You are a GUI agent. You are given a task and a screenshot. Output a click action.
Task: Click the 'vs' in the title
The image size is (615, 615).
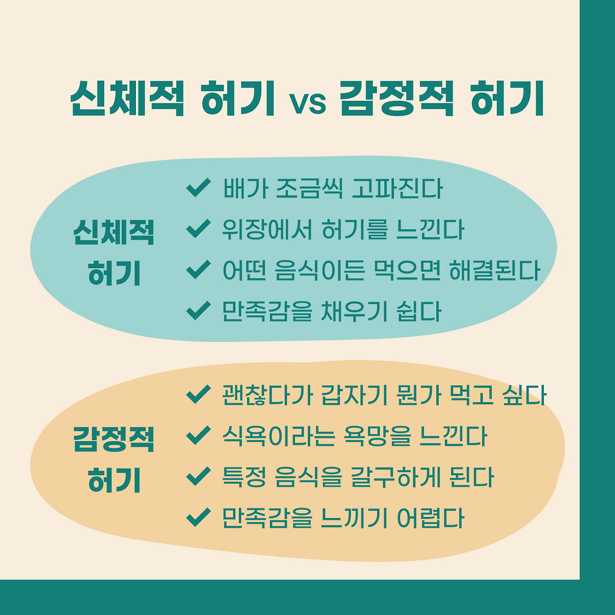308,102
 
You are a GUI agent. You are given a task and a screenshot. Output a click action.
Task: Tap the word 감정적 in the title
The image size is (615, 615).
397,98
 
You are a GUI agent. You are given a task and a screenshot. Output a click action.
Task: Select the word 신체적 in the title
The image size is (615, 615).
127,98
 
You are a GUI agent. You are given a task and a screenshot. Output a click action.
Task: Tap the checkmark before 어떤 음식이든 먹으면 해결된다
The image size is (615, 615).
198,270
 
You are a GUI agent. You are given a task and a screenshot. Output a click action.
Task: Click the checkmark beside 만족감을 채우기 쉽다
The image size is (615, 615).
198,310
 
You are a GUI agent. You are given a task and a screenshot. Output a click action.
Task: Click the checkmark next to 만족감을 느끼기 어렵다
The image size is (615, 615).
198,517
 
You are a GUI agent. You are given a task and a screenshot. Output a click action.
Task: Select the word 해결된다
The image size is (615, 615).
495,271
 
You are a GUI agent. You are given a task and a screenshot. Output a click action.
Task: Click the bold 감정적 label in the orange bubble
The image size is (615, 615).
114,439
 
